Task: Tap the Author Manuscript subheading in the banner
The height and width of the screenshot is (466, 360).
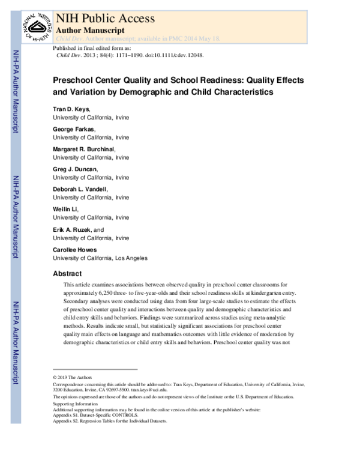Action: (x=90, y=29)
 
